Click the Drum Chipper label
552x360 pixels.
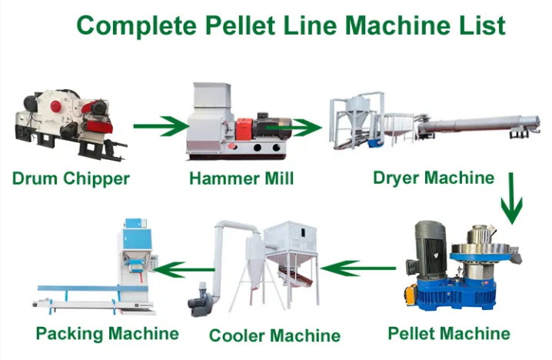pyautogui.click(x=71, y=179)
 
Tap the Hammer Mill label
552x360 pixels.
pyautogui.click(x=241, y=179)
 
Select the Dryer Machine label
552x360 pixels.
pyautogui.click(x=434, y=178)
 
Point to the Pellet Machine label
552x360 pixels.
pyautogui.click(x=449, y=333)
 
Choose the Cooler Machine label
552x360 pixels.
pyautogui.click(x=275, y=335)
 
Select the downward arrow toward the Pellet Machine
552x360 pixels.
pyautogui.click(x=510, y=198)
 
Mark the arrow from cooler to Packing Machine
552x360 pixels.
pyautogui.click(x=184, y=268)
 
